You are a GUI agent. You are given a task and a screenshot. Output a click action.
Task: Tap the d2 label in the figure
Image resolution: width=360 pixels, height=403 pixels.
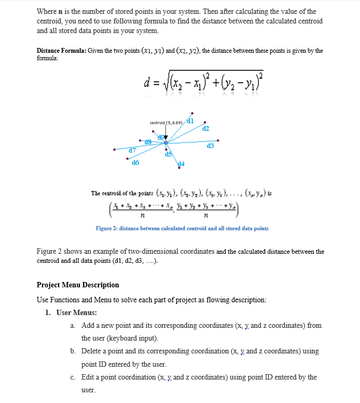(206, 128)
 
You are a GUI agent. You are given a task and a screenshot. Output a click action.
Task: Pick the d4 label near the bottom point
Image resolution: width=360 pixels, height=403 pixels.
(181, 163)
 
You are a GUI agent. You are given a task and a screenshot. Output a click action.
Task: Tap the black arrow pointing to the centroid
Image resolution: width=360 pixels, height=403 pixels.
(166, 136)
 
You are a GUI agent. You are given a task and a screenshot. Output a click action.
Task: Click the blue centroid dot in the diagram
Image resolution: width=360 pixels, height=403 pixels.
(166, 143)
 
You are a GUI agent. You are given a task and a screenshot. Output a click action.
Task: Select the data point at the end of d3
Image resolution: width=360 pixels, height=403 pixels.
(218, 141)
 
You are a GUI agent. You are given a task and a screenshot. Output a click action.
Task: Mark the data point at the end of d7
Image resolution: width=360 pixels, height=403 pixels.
(114, 149)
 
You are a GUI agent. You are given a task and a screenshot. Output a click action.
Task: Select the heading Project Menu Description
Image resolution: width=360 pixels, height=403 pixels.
(78, 285)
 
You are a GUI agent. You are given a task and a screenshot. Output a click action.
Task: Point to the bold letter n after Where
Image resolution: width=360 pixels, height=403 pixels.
(62, 11)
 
